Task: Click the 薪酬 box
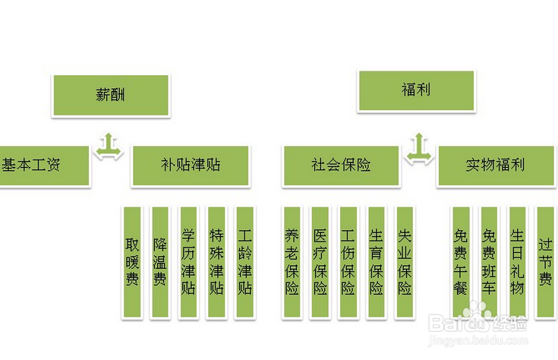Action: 111,95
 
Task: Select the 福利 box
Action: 416,90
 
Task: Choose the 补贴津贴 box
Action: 191,165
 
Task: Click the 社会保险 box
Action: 341,165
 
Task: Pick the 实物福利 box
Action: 495,165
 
